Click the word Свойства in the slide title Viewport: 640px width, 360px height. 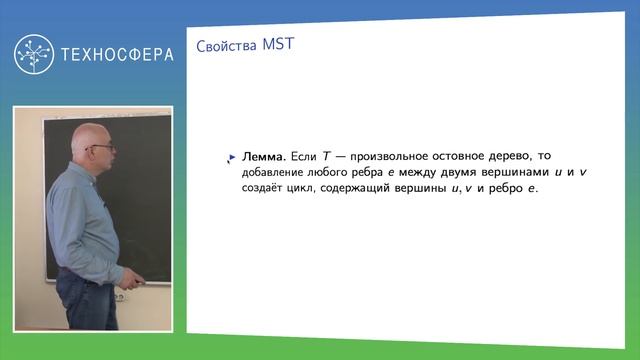click(216, 46)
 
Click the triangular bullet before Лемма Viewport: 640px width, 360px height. click(232, 157)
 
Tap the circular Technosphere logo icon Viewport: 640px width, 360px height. click(34, 54)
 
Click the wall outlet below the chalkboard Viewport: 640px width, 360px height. click(118, 297)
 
